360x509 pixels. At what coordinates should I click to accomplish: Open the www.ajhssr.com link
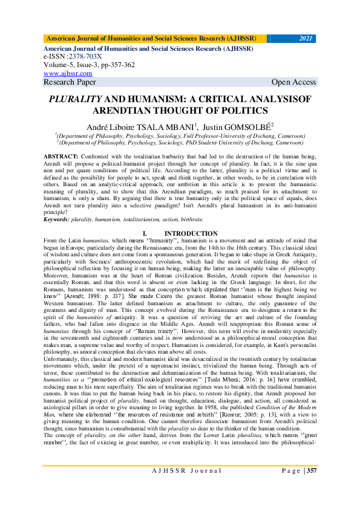[x=64, y=73]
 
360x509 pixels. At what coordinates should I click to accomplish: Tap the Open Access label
[x=293, y=82]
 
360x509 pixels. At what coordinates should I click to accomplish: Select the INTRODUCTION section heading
[x=191, y=233]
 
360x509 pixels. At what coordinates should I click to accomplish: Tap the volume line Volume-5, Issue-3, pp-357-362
[x=89, y=64]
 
